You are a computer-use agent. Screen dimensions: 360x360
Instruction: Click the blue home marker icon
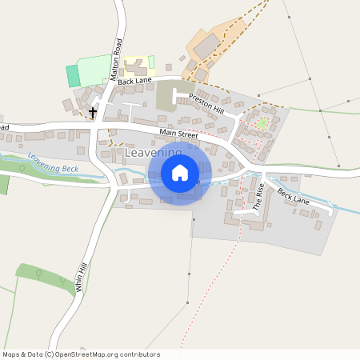tap(180, 173)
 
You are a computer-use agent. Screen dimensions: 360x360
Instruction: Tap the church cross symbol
tap(94, 112)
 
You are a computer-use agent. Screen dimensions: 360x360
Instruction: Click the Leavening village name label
tap(152, 152)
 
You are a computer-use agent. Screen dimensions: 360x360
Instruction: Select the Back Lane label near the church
tap(134, 82)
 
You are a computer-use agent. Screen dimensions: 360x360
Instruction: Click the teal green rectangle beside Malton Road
tap(74, 76)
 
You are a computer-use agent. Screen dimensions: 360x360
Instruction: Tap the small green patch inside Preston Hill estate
tap(261, 123)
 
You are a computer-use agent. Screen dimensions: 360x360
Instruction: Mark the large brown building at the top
tap(206, 46)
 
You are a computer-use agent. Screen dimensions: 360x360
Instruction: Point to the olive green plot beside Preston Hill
tap(169, 97)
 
